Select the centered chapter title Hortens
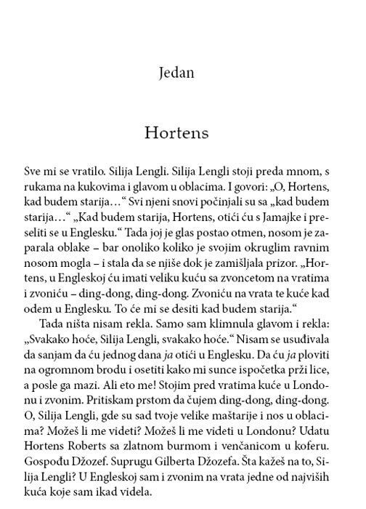click(x=183, y=135)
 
